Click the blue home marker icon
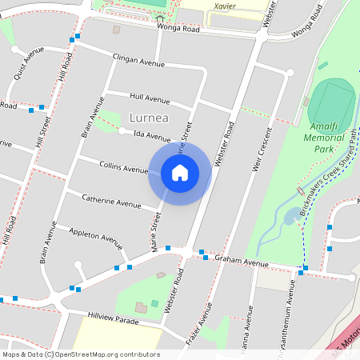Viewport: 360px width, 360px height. point(180,173)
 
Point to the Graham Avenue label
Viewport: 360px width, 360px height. point(241,262)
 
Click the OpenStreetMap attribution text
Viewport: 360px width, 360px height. point(81,354)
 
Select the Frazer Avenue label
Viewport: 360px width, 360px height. point(197,329)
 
